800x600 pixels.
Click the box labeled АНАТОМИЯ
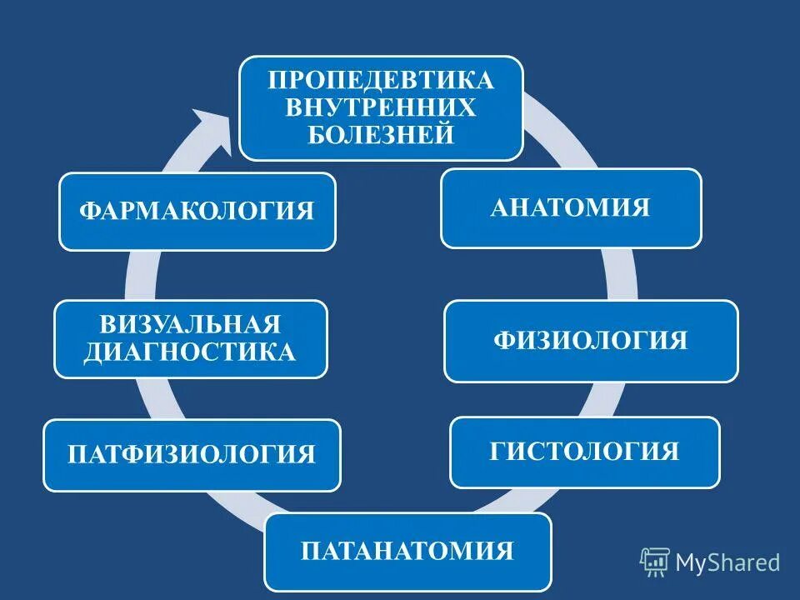click(571, 208)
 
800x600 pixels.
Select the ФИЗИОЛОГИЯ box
click(590, 341)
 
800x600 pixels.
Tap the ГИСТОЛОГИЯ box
click(584, 452)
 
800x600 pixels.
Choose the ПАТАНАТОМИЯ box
click(407, 552)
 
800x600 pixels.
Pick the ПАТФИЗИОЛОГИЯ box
click(192, 455)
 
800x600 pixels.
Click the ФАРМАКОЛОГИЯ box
click(197, 211)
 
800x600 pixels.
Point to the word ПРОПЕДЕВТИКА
click(381, 82)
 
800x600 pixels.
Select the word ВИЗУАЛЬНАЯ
click(190, 324)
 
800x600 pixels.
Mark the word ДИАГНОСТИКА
click(190, 352)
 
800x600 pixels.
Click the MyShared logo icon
click(655, 562)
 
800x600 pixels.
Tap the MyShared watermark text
click(727, 562)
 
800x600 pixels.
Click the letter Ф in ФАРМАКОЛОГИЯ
click(88, 211)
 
